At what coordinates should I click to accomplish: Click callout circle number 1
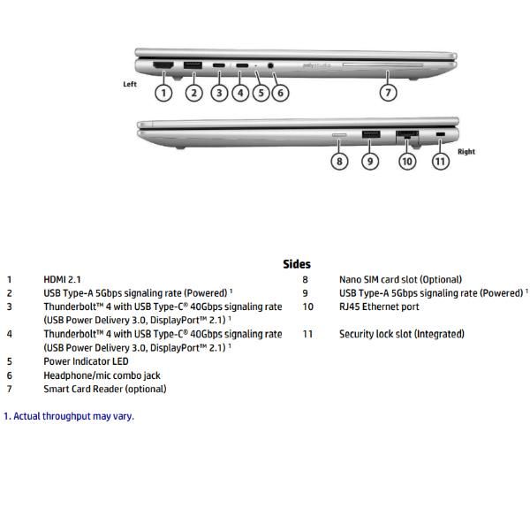163,91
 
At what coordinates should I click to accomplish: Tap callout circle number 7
388,91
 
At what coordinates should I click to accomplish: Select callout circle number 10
406,161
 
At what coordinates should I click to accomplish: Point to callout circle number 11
441,161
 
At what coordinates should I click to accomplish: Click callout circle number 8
340,161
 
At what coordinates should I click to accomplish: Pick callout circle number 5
260,91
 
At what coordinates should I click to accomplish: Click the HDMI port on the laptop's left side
163,65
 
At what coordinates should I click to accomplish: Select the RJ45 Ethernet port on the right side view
406,135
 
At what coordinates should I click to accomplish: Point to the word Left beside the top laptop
130,84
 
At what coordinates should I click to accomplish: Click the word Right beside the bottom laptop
466,152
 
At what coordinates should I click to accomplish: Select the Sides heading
297,264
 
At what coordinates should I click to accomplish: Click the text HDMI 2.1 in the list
68,280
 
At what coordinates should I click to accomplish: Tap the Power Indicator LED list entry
86,361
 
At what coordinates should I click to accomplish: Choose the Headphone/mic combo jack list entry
102,375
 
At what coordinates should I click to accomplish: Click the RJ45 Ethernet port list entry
379,307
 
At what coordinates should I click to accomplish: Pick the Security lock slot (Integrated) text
401,335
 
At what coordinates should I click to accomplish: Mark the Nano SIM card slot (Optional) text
400,280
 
